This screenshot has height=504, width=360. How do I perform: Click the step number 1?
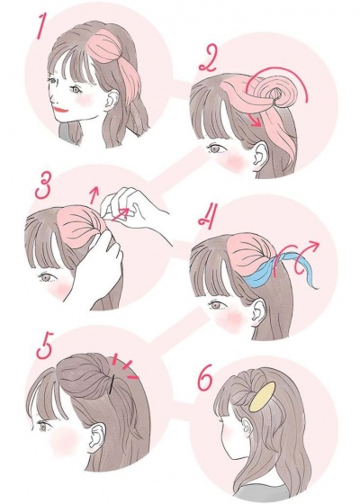tap(40, 26)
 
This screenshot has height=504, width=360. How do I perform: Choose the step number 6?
tap(204, 379)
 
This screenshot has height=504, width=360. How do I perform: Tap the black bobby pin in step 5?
tap(112, 384)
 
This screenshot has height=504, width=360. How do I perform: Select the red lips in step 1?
tap(60, 110)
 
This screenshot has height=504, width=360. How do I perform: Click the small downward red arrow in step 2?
tap(256, 121)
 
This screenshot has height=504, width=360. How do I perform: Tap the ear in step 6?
tap(247, 428)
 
